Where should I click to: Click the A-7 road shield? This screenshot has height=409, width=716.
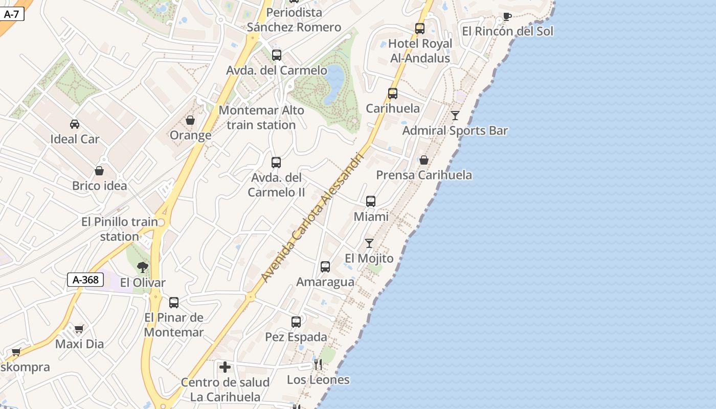pyautogui.click(x=11, y=14)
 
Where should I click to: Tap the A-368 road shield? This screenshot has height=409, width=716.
pyautogui.click(x=85, y=280)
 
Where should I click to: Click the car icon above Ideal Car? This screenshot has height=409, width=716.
pyautogui.click(x=75, y=124)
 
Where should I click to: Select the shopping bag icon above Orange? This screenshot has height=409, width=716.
pyautogui.click(x=190, y=120)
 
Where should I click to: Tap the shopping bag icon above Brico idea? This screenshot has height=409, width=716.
pyautogui.click(x=99, y=171)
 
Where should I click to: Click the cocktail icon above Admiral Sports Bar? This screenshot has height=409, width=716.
pyautogui.click(x=455, y=116)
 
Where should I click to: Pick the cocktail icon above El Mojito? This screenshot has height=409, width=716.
pyautogui.click(x=369, y=243)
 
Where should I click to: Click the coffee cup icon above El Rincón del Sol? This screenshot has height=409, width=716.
pyautogui.click(x=507, y=16)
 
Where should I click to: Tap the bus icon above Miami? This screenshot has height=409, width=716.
pyautogui.click(x=371, y=201)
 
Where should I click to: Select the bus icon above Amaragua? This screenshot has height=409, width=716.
pyautogui.click(x=325, y=267)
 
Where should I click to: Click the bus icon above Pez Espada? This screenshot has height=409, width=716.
pyautogui.click(x=296, y=322)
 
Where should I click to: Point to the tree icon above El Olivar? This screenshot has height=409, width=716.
pyautogui.click(x=143, y=267)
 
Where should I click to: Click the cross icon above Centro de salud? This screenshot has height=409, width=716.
pyautogui.click(x=225, y=367)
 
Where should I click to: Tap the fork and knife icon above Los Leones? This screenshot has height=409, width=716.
pyautogui.click(x=318, y=365)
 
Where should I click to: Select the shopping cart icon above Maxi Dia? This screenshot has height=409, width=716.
pyautogui.click(x=79, y=329)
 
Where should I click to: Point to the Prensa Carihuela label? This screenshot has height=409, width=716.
pyautogui.click(x=424, y=175)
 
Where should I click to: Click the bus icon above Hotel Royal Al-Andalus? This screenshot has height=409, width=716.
pyautogui.click(x=420, y=29)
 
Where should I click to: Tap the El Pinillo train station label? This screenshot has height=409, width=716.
pyautogui.click(x=120, y=229)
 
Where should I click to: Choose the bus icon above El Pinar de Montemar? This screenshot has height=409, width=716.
pyautogui.click(x=174, y=303)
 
